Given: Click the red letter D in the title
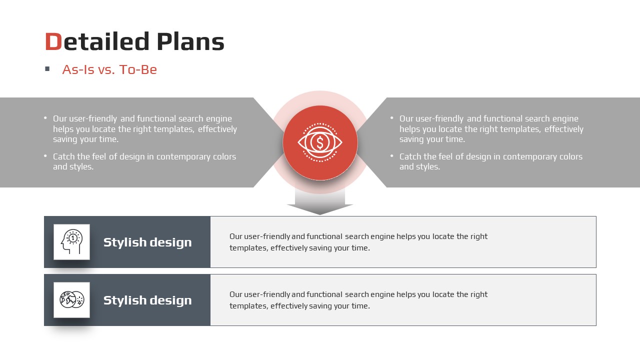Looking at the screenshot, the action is tap(53, 41).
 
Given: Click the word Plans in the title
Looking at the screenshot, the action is tap(190, 41).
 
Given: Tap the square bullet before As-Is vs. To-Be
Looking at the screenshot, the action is tap(47, 69).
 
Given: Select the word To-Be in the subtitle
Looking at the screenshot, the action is tap(138, 69).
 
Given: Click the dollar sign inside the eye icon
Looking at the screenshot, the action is tap(320, 142).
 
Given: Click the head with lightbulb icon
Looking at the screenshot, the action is tap(71, 241).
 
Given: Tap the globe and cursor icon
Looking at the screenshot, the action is tap(71, 299).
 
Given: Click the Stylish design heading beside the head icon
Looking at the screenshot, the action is tap(147, 242).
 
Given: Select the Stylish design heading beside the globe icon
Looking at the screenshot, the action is tap(147, 300).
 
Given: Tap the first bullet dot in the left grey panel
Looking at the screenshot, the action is tap(45, 117).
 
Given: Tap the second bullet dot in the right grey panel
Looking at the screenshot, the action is tap(392, 155).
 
